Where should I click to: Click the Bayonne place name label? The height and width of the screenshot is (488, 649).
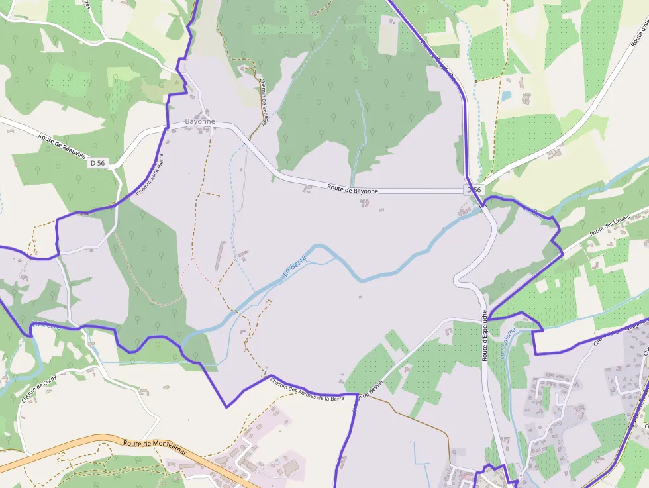pyautogui.click(x=200, y=121)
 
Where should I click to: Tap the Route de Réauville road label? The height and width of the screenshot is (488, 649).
pyautogui.click(x=62, y=146)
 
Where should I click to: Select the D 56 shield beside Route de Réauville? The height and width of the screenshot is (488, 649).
pyautogui.click(x=98, y=162)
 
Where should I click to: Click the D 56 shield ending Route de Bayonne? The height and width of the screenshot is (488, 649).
pyautogui.click(x=474, y=190)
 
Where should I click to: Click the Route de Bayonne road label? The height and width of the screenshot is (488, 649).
pyautogui.click(x=352, y=190)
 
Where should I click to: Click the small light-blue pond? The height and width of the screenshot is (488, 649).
pyautogui.click(x=506, y=96)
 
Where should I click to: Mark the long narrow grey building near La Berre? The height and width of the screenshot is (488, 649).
pyautogui.click(x=219, y=256)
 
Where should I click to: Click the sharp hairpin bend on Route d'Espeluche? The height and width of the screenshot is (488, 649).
pyautogui.click(x=457, y=279)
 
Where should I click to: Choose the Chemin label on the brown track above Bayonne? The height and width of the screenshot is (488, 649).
pyautogui.click(x=263, y=101)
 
